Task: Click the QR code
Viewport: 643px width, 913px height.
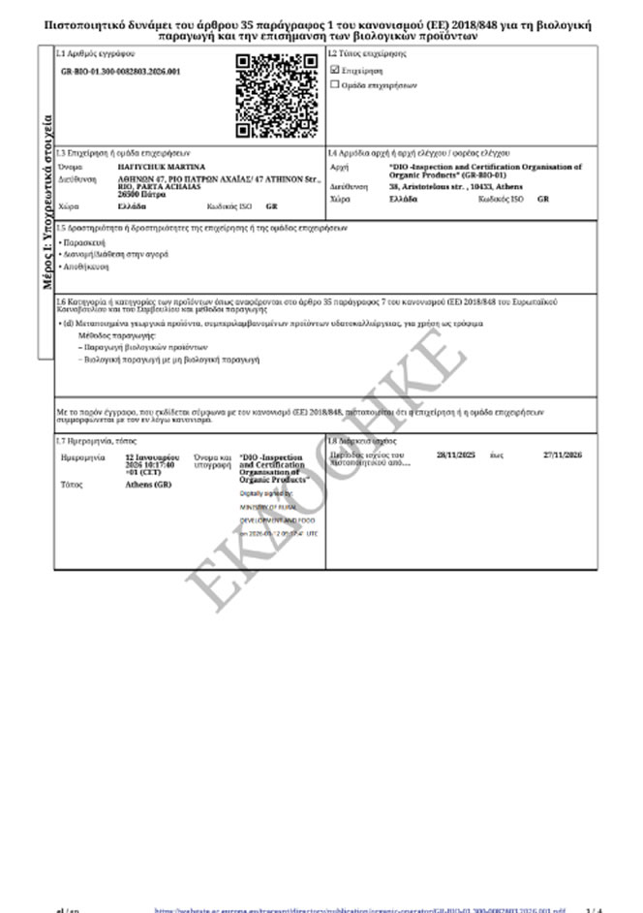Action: pos(277,96)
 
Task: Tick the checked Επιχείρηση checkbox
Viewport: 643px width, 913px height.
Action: pos(335,71)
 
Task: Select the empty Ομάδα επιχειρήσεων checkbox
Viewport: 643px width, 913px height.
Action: pos(335,84)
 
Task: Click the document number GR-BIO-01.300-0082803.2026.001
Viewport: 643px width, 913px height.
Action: pos(120,72)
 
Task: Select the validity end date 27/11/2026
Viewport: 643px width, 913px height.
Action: pos(561,454)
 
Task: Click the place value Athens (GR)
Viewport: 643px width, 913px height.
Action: pos(146,484)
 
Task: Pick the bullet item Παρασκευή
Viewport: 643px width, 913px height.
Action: pos(85,241)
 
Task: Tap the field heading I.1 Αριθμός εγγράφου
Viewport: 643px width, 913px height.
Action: pos(95,53)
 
